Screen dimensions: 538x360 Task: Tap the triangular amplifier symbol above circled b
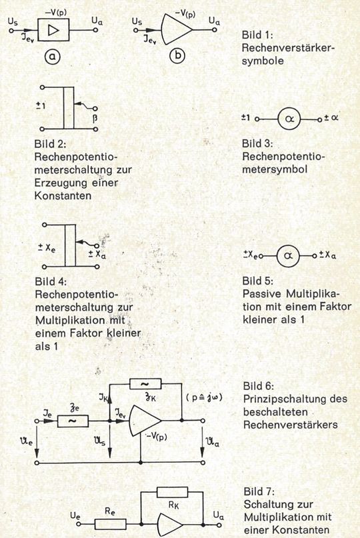[x=175, y=31]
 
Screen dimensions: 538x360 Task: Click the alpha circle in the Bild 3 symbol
[x=287, y=118]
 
